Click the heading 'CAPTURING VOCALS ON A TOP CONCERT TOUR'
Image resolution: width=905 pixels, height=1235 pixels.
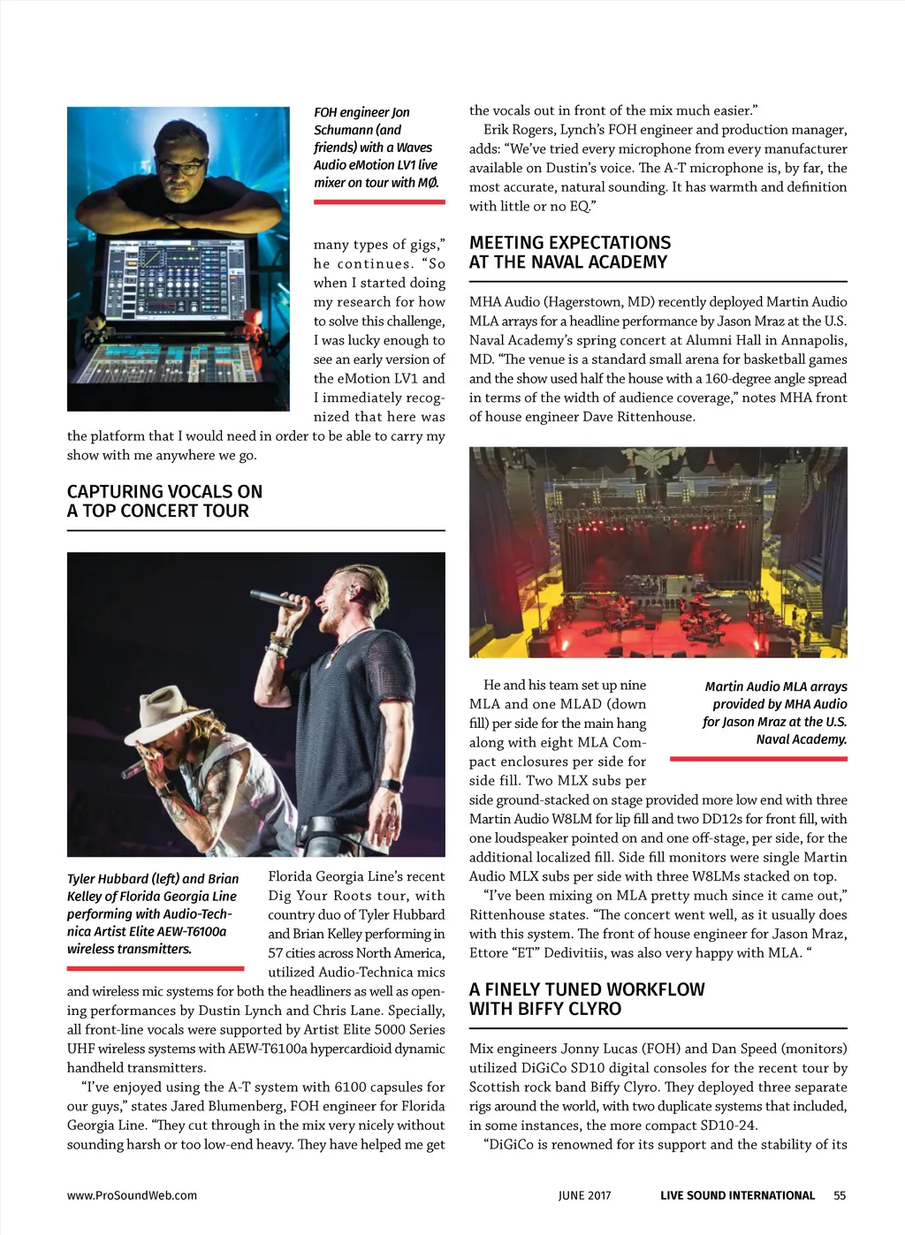(x=164, y=501)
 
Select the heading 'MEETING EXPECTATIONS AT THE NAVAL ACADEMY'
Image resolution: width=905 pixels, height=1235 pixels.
(x=570, y=252)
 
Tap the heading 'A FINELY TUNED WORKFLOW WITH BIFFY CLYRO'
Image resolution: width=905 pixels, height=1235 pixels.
(x=587, y=999)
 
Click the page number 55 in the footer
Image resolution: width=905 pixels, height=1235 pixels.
(x=840, y=1195)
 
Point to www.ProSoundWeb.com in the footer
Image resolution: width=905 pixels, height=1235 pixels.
(x=132, y=1195)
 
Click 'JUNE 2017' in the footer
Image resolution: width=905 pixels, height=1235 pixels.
(x=584, y=1195)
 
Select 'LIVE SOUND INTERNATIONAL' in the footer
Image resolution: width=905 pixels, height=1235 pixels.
(x=737, y=1195)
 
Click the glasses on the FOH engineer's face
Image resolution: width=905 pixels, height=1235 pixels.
(x=183, y=165)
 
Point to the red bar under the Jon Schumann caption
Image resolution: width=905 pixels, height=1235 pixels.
(x=379, y=202)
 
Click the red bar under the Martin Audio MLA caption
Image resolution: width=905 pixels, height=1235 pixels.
(x=758, y=759)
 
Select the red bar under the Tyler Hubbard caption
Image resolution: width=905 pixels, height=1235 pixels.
(x=156, y=968)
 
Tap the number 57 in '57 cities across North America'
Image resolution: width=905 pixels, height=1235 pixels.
(x=278, y=953)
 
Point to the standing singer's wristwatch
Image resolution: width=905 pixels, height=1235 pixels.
(x=390, y=786)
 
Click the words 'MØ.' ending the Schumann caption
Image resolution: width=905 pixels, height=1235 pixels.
(x=428, y=183)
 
